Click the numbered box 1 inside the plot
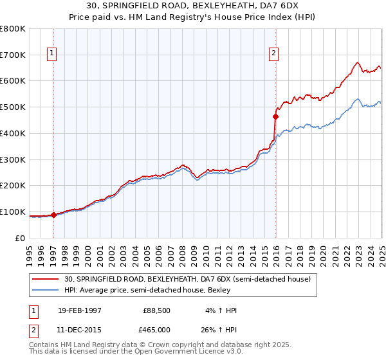(51, 53)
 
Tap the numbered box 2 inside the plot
(274, 53)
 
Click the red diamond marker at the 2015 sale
(275, 116)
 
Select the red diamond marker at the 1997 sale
(54, 215)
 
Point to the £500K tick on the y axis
(13, 107)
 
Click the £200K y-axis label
(13, 185)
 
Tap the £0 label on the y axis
(19, 238)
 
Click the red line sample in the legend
(46, 279)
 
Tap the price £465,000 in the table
(157, 331)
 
